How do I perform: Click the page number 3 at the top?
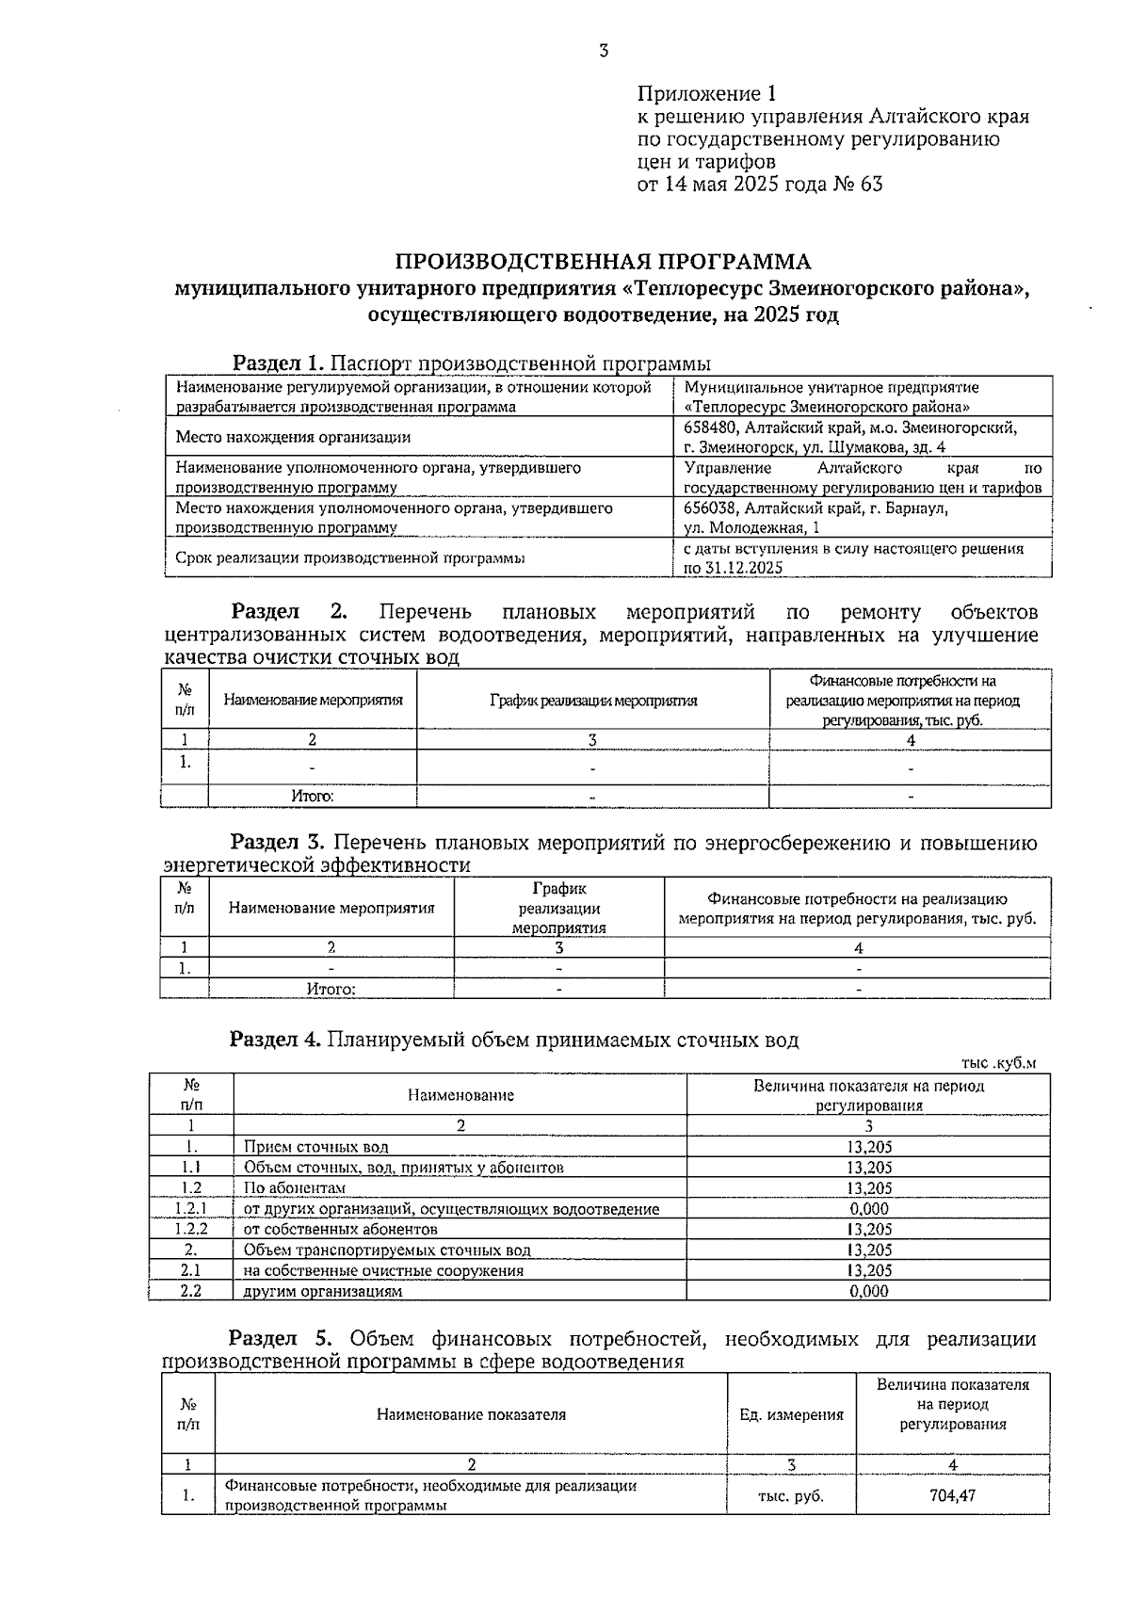point(603,52)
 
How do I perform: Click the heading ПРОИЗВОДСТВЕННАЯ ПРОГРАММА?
point(602,262)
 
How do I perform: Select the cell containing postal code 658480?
point(850,427)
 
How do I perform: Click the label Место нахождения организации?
point(293,437)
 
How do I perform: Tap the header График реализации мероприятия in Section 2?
point(592,701)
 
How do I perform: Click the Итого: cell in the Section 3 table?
point(331,990)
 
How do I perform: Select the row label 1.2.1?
point(191,1209)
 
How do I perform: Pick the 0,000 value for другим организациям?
point(868,1292)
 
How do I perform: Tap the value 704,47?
point(951,1495)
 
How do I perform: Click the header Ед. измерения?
point(791,1415)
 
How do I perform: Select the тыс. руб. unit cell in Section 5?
point(791,1495)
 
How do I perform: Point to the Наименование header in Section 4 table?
point(460,1095)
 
